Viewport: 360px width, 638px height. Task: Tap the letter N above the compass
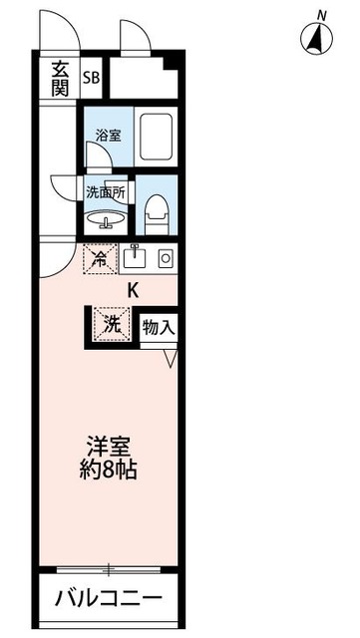pyautogui.click(x=320, y=13)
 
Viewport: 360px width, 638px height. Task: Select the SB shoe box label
pyautogui.click(x=92, y=78)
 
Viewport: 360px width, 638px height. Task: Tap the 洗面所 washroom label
pyautogui.click(x=105, y=191)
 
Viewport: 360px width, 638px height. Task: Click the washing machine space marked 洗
pyautogui.click(x=110, y=323)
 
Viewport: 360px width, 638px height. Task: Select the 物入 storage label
pyautogui.click(x=159, y=326)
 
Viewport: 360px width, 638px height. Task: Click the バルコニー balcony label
pyautogui.click(x=108, y=599)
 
